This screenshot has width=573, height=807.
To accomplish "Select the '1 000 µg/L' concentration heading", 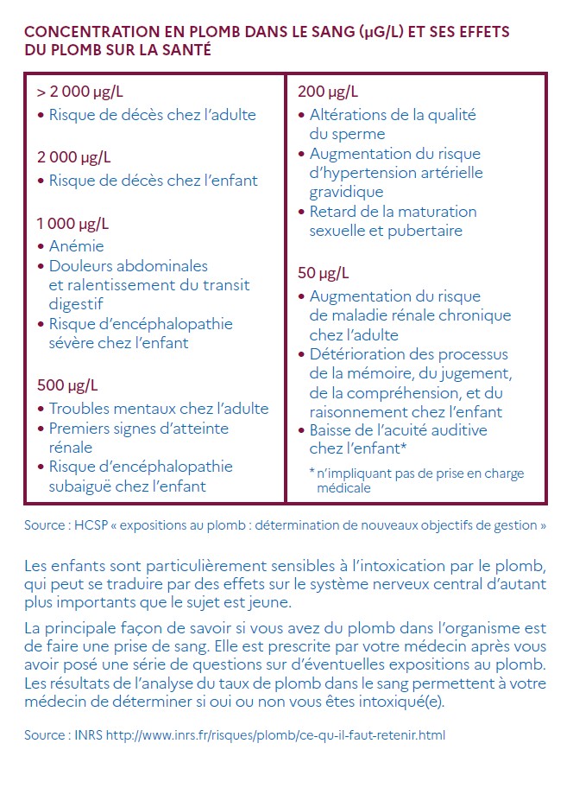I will (x=72, y=224).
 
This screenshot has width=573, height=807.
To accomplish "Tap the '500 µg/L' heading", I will (x=67, y=385).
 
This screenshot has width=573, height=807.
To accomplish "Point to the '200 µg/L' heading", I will (x=328, y=92).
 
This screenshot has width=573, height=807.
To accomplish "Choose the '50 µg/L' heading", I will (x=324, y=273).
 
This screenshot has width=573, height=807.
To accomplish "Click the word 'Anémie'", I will (x=76, y=246).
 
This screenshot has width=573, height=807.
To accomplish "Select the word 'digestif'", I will (x=75, y=304).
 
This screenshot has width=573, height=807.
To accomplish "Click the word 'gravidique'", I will (x=345, y=192).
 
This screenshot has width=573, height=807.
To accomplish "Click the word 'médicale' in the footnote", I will (x=343, y=487).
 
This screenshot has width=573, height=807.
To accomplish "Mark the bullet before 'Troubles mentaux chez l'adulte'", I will (x=41, y=410).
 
